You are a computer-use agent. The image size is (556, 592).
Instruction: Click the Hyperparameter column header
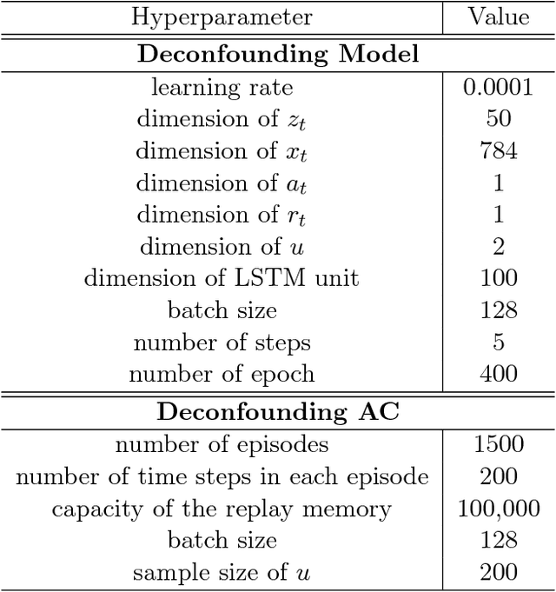click(x=222, y=17)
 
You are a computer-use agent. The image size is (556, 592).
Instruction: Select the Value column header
click(x=498, y=17)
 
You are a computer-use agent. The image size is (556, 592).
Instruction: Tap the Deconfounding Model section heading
click(x=278, y=54)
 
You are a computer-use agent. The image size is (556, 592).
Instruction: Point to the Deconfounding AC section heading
click(x=278, y=412)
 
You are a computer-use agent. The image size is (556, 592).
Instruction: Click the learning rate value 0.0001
click(x=498, y=87)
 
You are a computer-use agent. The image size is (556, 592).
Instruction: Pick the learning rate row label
click(x=222, y=87)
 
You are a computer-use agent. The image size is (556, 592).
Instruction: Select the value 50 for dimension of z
click(x=498, y=119)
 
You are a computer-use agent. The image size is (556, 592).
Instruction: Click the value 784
click(x=498, y=151)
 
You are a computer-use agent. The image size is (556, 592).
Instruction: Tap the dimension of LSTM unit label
click(x=222, y=278)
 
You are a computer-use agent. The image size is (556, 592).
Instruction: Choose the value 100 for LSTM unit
click(x=498, y=278)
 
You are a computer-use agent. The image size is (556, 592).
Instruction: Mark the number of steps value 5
click(x=498, y=343)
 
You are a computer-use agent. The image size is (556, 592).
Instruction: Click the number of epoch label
click(x=222, y=375)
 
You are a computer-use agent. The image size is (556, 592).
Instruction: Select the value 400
click(x=498, y=375)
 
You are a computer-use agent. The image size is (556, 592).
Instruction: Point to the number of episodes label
click(x=222, y=445)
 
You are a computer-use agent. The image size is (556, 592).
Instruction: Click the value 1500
click(x=498, y=445)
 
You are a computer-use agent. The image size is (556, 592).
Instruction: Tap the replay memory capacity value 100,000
click(x=498, y=509)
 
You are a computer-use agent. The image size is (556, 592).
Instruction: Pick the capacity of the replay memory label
click(x=222, y=509)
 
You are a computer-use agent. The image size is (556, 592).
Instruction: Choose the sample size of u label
click(x=222, y=573)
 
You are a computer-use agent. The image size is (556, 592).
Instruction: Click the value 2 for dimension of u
click(x=498, y=247)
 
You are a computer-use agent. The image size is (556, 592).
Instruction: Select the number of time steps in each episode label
click(x=222, y=477)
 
